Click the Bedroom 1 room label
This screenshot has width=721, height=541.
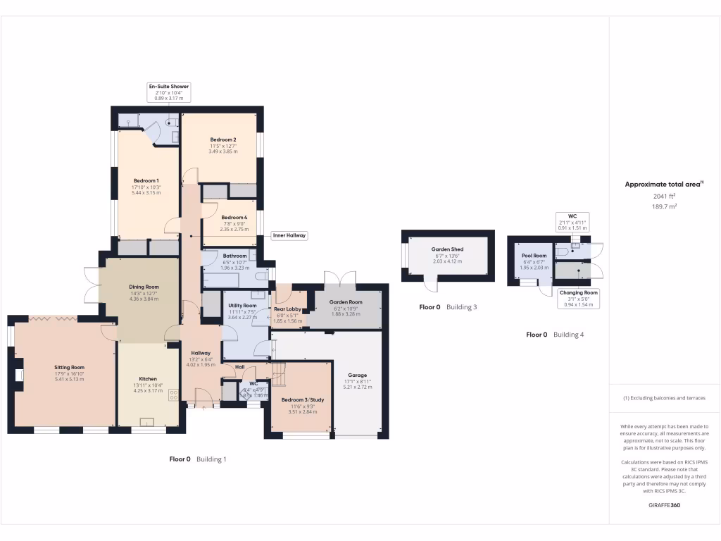(147, 181)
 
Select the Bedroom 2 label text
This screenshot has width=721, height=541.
(222, 139)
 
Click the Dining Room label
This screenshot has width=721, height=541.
(144, 287)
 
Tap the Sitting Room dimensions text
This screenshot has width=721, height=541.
(69, 379)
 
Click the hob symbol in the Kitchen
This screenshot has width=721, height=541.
(173, 396)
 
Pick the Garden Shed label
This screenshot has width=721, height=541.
(447, 249)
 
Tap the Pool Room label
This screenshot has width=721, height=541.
(534, 256)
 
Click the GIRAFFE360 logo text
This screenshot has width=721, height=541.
(664, 505)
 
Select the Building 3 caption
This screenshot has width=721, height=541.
(461, 307)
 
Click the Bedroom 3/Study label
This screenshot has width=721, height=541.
(302, 400)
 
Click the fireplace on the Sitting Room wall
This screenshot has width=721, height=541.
(19, 375)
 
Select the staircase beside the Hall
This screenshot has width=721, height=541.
(280, 373)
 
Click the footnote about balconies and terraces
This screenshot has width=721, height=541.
(664, 398)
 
